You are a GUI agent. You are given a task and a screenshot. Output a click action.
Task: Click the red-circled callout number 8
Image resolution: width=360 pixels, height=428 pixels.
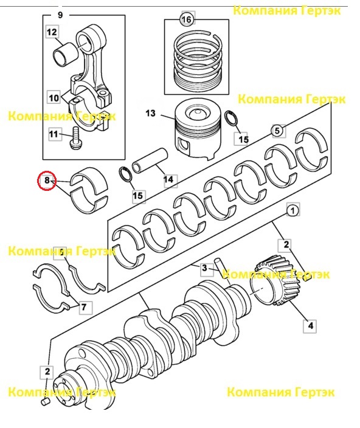[47, 181]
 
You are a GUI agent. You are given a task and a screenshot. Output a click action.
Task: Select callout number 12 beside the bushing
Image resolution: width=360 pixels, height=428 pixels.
[52, 32]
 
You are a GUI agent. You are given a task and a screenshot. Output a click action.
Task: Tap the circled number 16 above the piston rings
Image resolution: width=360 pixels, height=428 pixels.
[187, 19]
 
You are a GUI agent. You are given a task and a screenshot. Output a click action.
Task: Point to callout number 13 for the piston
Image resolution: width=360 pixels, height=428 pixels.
[150, 112]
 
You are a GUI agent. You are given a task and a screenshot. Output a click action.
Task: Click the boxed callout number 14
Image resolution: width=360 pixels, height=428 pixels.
[168, 179]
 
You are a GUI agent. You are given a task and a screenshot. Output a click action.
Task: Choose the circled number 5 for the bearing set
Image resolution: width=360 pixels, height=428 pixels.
[277, 131]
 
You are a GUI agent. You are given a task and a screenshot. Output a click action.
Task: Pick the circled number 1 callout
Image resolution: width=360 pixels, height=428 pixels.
[293, 210]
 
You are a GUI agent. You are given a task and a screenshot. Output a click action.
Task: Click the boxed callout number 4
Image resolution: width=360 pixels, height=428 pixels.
[311, 326]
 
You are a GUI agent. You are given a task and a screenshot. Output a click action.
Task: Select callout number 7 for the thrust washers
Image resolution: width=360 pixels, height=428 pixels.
[84, 307]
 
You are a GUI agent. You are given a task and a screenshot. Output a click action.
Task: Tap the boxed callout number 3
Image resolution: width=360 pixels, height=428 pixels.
[204, 268]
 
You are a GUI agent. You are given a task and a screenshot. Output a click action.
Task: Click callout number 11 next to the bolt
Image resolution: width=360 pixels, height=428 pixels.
[54, 134]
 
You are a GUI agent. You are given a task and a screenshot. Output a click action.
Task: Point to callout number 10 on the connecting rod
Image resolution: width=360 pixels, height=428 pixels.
[54, 97]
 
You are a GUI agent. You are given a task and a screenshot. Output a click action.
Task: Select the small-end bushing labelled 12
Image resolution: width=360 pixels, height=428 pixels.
[65, 55]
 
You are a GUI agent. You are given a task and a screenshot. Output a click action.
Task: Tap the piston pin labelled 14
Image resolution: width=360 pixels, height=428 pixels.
[150, 161]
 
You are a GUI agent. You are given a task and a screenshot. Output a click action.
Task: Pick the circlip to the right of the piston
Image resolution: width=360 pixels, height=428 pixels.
[231, 118]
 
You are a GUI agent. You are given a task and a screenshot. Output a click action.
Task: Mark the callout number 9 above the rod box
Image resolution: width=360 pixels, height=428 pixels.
[61, 15]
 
